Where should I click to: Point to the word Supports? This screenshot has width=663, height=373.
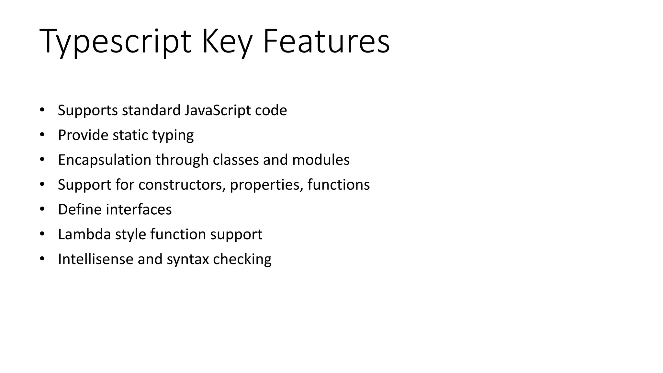pos(88,111)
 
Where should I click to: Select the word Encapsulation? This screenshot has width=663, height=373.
pos(105,160)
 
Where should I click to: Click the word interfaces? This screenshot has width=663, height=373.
pos(139,210)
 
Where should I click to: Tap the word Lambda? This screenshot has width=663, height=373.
pos(84,234)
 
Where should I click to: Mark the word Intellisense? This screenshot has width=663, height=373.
pos(96,259)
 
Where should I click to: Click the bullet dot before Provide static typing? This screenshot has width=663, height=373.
pos(42,135)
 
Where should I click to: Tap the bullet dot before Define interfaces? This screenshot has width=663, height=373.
pos(42,209)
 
